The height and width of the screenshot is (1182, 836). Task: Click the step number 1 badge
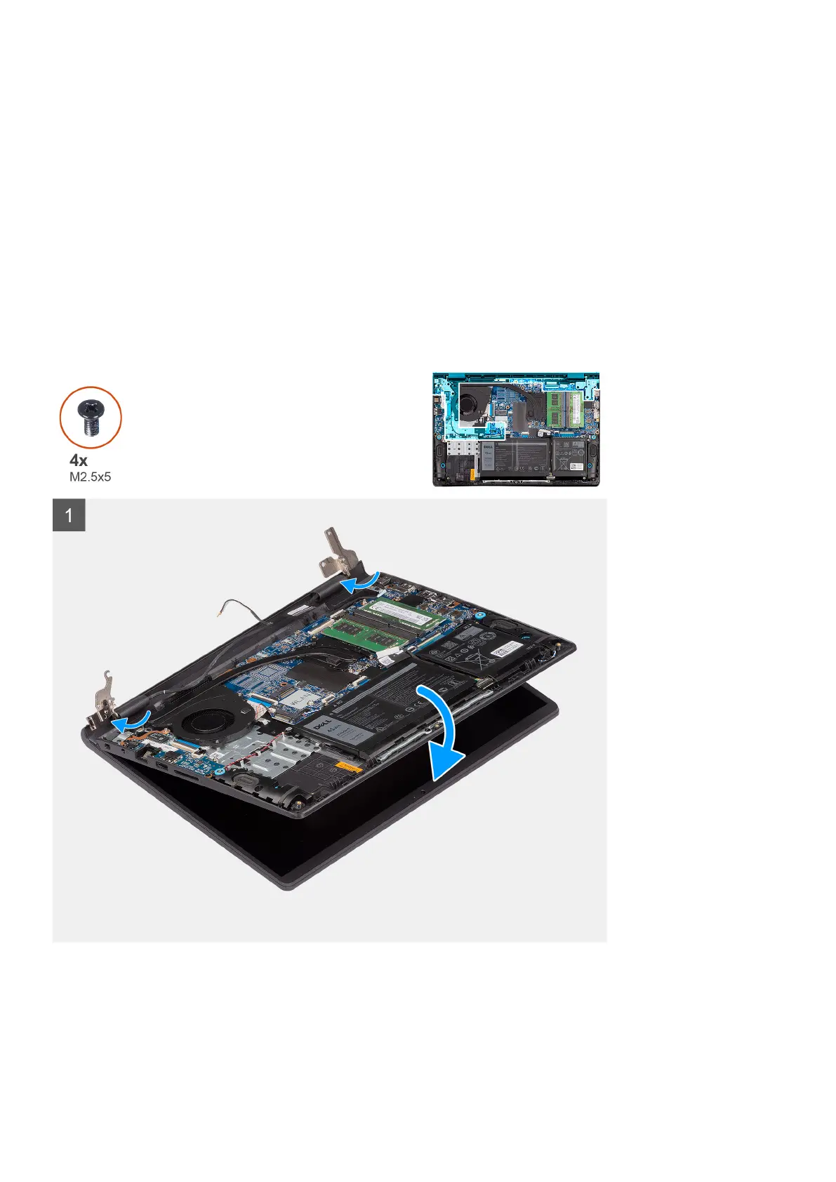[x=69, y=515]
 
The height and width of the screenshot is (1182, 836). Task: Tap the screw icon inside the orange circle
[x=90, y=418]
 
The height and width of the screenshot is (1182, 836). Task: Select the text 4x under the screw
[x=79, y=460]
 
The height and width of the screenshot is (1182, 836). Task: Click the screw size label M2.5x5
[x=90, y=477]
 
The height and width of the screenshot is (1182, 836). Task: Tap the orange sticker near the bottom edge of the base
[x=349, y=766]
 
